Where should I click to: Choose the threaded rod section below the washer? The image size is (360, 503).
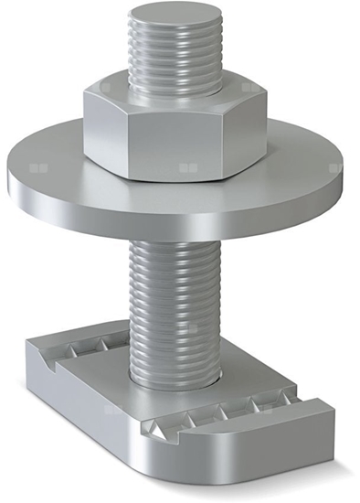174,293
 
